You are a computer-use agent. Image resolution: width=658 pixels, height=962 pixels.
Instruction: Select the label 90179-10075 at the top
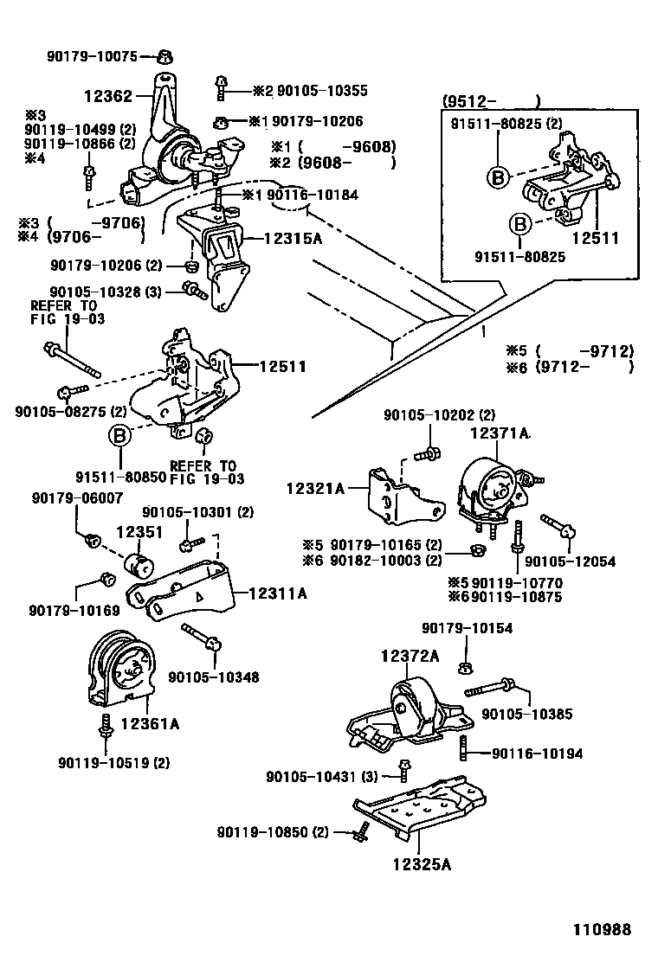tap(91, 57)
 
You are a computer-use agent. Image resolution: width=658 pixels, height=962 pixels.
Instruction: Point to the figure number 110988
tap(599, 931)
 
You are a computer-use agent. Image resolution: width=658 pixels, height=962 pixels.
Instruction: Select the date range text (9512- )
tap(492, 101)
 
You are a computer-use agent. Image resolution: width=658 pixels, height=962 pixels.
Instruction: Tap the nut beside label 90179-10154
tap(466, 666)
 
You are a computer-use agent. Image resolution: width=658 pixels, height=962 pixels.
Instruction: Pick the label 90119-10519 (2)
tap(113, 762)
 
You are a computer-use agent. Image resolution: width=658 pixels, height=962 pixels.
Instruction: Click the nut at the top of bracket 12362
tap(162, 59)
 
